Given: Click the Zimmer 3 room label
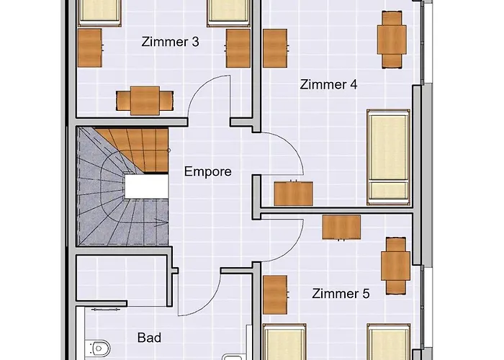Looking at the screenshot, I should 171,42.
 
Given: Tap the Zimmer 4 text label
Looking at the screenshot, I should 328,84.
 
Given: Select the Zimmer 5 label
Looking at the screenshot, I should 341,294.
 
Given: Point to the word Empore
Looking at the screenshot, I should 208,171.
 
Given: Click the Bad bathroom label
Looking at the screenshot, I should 149,337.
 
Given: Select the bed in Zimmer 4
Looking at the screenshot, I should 389,156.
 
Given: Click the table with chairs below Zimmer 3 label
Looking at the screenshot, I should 145,101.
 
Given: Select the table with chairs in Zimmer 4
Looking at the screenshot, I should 391,40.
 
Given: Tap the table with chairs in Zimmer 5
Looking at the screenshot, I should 397,266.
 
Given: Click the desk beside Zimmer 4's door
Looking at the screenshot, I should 294,194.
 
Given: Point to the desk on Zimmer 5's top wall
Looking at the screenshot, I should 341,227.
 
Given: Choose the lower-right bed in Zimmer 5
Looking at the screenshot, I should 389,343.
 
